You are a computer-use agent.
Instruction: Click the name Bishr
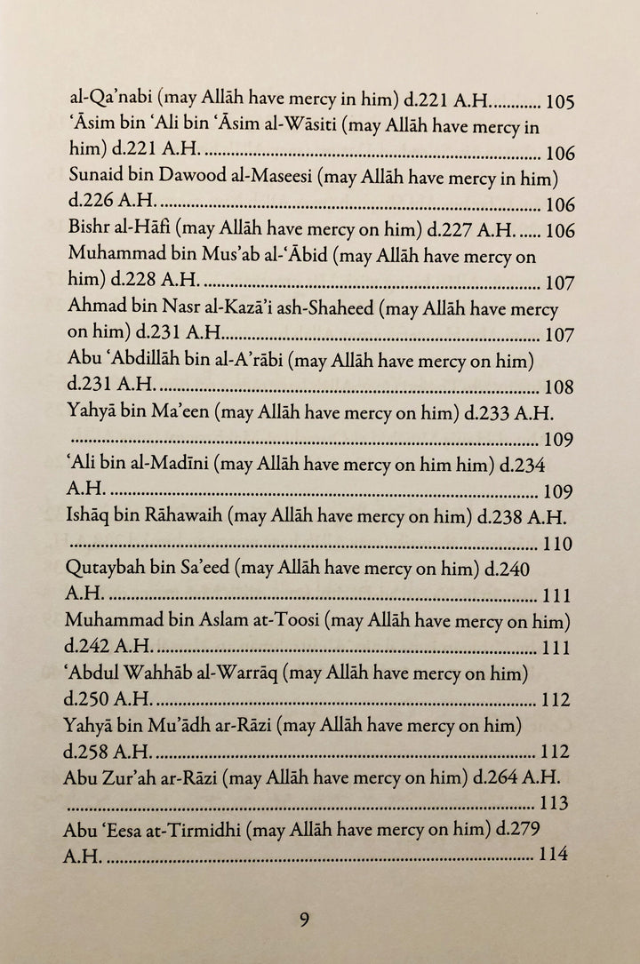pos(88,230)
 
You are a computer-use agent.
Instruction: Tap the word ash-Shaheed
pos(311,310)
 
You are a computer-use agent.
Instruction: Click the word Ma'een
pos(183,412)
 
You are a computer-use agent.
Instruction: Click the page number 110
pos(558,544)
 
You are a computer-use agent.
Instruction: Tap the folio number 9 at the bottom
pos(305,896)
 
